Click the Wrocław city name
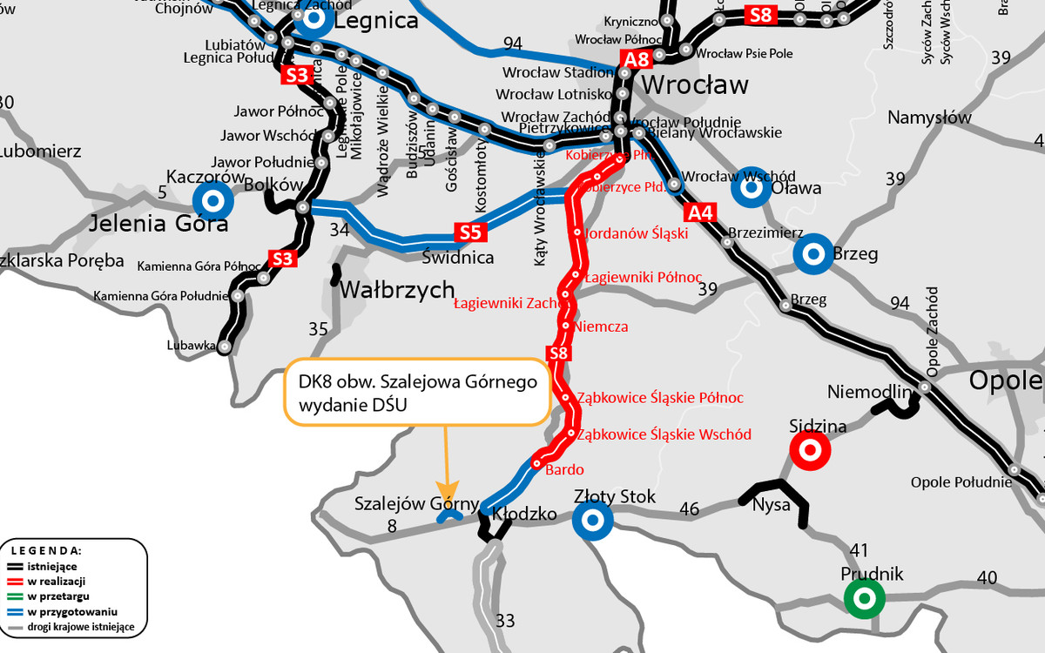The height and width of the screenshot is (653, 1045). [x=694, y=85]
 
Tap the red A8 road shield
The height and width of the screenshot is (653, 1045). [x=636, y=59]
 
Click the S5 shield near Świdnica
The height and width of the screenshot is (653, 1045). [x=470, y=232]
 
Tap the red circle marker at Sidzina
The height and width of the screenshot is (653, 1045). [x=808, y=450]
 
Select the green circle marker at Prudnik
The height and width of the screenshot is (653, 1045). [x=864, y=598]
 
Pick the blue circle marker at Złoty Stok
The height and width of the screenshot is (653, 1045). [x=592, y=520]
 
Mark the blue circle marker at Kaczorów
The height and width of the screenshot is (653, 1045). [x=214, y=201]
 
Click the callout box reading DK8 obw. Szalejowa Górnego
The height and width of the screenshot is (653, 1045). [x=418, y=392]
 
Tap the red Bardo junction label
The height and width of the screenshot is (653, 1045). [x=564, y=470]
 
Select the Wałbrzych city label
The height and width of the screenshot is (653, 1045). [x=397, y=290]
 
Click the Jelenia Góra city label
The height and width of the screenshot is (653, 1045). [x=159, y=224]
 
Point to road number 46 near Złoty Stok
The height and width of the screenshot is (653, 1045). [x=690, y=508]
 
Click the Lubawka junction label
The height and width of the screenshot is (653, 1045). [x=191, y=346]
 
